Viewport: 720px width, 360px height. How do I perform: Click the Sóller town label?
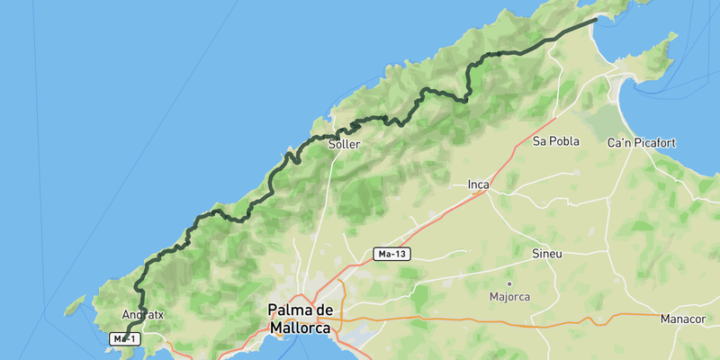coord(345,144)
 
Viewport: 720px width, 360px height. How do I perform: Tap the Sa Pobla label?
coord(555,141)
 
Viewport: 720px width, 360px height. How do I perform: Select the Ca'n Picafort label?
coord(642,143)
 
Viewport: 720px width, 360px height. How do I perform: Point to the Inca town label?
coord(478,185)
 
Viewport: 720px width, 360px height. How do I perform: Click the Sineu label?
coord(546,254)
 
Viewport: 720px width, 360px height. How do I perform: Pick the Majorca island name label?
coord(509,296)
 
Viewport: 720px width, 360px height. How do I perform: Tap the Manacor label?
coord(686,319)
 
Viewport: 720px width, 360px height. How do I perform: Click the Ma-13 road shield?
coord(392,255)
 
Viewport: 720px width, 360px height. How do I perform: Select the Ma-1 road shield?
coord(123,338)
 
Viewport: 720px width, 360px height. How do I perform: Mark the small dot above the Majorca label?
coord(509,283)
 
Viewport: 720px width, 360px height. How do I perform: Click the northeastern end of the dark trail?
coord(596,19)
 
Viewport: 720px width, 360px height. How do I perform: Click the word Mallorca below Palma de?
coord(302,329)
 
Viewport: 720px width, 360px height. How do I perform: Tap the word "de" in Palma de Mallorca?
coord(326,310)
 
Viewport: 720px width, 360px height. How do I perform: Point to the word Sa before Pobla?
coord(540,141)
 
